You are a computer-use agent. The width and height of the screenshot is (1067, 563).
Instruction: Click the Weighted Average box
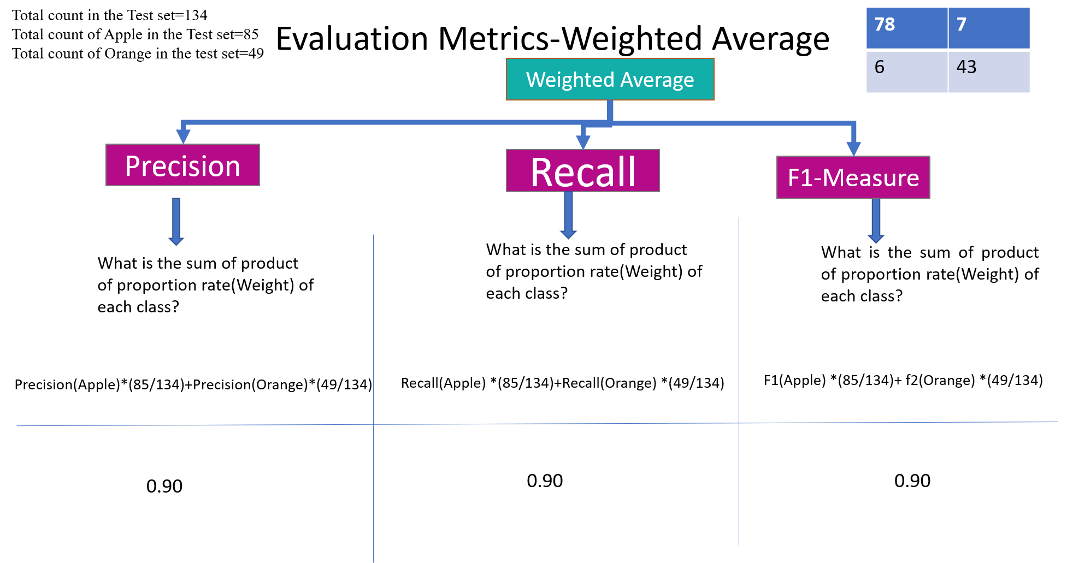coord(610,79)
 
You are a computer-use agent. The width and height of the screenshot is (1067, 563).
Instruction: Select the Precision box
coord(182,165)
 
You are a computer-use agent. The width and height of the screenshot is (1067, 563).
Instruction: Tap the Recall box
coord(582,171)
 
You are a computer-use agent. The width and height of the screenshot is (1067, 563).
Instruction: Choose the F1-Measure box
coord(853,177)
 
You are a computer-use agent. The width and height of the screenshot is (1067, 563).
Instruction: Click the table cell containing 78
coord(906,28)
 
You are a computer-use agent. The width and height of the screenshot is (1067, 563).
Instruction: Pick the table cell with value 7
coord(989,28)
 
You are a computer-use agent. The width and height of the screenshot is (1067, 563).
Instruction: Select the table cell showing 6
coord(906,72)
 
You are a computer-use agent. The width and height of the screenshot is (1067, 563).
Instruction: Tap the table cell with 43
coord(989,72)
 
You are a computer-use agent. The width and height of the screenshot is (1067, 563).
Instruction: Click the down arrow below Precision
coord(176,221)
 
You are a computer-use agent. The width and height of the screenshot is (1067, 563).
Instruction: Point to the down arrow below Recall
coord(568,216)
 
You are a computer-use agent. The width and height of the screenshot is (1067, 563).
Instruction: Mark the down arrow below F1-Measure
coord(876,221)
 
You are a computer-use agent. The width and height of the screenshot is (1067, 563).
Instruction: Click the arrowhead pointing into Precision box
coord(183,136)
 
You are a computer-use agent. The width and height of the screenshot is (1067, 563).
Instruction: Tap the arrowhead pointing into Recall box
coord(583,141)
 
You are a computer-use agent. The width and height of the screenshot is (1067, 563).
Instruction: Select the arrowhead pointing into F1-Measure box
coord(853,148)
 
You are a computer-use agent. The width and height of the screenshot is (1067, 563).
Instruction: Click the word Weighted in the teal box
coord(570,80)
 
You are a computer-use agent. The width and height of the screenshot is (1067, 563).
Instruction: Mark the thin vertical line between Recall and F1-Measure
coord(739,328)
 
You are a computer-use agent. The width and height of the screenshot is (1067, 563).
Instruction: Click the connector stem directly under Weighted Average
coord(610,111)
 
